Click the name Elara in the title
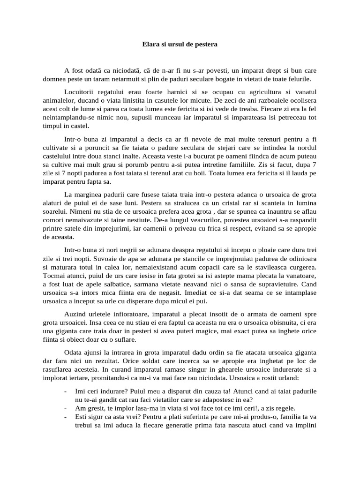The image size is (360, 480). (151, 45)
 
